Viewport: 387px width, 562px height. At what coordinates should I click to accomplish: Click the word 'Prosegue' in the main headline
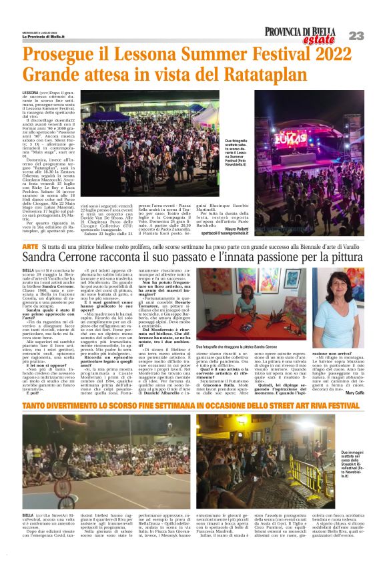tap(57, 54)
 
